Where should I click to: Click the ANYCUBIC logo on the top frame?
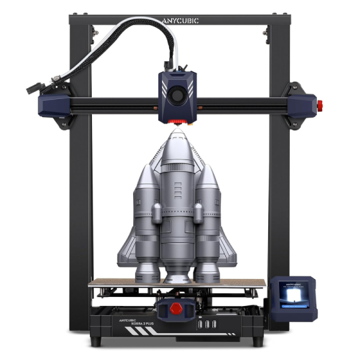(180, 20)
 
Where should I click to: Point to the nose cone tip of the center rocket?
(178, 128)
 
